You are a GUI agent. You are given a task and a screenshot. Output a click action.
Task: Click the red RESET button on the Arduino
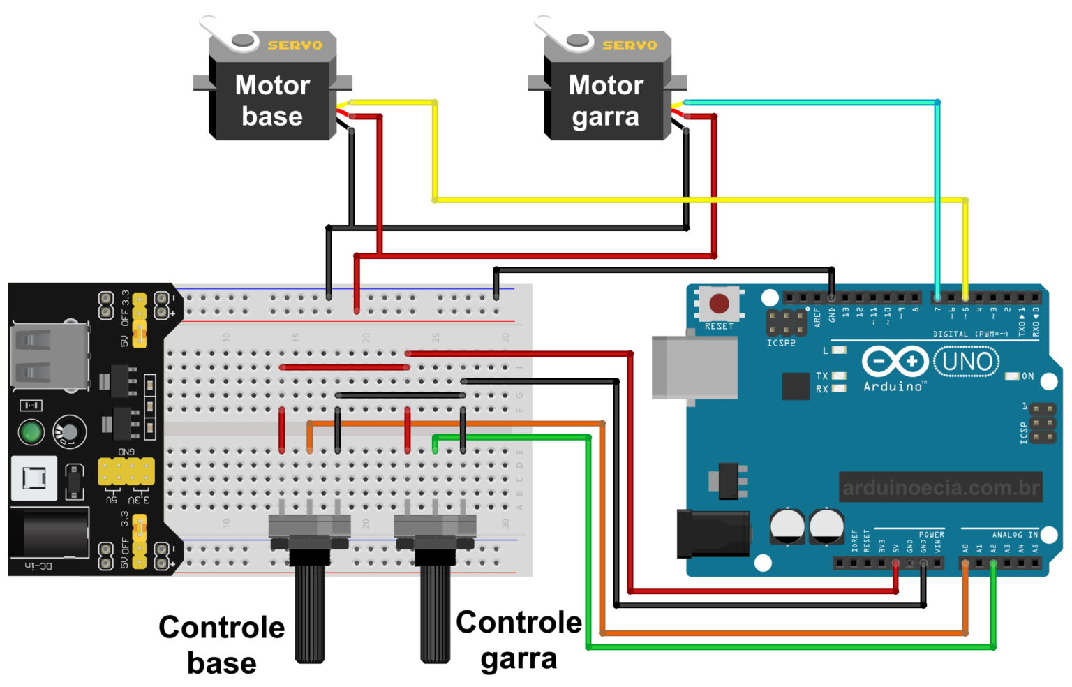[719, 304]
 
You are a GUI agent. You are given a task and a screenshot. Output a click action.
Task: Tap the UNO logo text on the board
[967, 362]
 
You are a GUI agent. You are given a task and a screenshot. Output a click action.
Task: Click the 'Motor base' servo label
[272, 101]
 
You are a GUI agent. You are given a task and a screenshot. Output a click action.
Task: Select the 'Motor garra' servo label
[605, 101]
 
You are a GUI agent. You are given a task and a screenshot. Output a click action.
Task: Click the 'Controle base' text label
[221, 644]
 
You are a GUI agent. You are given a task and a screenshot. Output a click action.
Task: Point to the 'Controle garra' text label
[519, 640]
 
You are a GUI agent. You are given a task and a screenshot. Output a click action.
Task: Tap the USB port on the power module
[47, 356]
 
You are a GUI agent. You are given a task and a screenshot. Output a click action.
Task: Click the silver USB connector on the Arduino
[694, 367]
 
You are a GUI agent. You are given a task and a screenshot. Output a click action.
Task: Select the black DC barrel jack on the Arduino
[713, 533]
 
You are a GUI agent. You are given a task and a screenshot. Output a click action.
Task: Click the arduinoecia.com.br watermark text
[940, 487]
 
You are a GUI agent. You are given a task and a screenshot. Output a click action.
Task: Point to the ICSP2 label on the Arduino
[781, 343]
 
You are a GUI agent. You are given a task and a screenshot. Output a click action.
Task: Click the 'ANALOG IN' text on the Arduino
[1015, 535]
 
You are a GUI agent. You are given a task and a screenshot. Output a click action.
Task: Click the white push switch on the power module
[33, 478]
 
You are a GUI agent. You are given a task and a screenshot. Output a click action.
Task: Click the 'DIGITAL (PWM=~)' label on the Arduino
[970, 334]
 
